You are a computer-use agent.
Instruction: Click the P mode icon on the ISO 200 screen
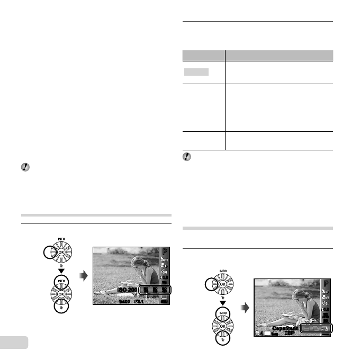point(165,252)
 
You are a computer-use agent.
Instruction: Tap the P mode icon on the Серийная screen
point(326,283)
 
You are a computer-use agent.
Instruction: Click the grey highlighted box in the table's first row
point(196,71)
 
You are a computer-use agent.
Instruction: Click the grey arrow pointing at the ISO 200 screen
point(84,277)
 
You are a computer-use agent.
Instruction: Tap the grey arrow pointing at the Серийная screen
point(244,309)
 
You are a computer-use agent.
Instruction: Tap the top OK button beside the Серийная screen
point(221,284)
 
